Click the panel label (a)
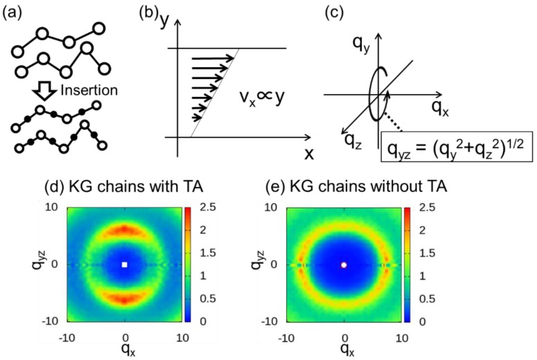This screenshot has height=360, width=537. pos(16,11)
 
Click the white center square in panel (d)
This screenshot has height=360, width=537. pos(125,264)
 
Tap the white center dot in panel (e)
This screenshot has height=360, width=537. pos(344,264)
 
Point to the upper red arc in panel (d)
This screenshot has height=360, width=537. pos(125,229)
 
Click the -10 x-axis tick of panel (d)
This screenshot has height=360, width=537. pos(67,337)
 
